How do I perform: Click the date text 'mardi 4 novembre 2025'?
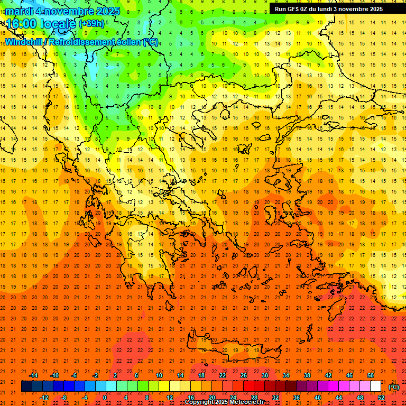tap(63, 11)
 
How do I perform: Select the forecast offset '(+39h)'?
tap(91, 24)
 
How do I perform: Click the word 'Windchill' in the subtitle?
tap(24, 42)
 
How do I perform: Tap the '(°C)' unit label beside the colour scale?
tap(394, 387)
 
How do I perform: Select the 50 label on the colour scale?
tap(371, 375)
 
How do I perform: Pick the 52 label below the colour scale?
tap(381, 398)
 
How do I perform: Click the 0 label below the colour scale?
tap(105, 398)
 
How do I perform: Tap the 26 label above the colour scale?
tap(244, 375)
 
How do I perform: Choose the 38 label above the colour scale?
tap(307, 375)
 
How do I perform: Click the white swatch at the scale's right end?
tap(376, 386)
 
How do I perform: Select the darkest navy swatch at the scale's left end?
tap(26, 386)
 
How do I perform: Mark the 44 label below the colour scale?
tap(339, 398)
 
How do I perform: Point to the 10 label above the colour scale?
tap(159, 375)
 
